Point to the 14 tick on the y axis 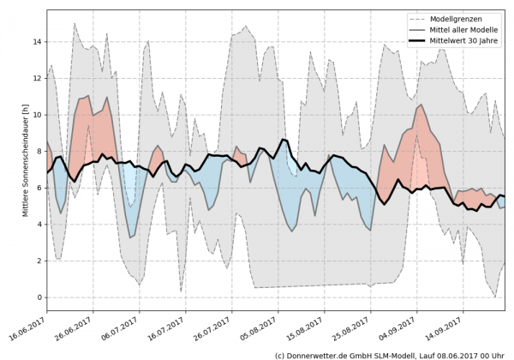click(37, 41)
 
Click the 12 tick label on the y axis click(37, 78)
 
